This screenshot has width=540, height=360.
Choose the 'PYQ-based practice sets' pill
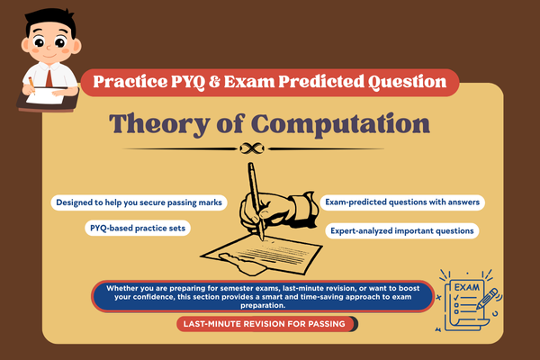tap(139, 229)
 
